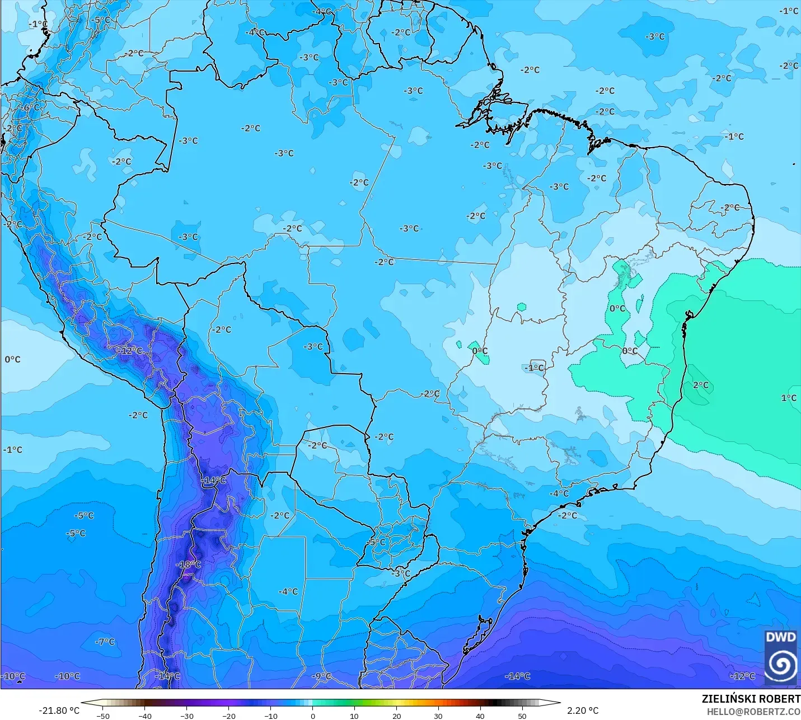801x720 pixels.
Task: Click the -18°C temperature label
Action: coord(189,564)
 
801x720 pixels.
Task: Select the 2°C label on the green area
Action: coord(700,385)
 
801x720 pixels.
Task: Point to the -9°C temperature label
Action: coord(321,676)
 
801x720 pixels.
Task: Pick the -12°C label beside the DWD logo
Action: coord(742,676)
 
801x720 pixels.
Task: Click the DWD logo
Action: coord(781,657)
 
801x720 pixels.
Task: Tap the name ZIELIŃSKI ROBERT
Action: coord(751,699)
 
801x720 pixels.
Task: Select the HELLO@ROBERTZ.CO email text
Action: coord(753,712)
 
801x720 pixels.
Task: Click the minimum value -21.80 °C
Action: coord(59,710)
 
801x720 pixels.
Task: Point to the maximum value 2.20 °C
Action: coord(583,710)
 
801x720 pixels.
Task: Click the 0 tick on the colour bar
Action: coord(312,716)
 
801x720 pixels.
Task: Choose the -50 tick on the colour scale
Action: coord(103,716)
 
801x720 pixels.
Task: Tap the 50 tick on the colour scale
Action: coord(522,716)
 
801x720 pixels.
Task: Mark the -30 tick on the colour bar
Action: coord(187,716)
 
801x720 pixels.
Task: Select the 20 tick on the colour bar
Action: coord(396,716)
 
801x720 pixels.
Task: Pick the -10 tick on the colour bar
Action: coord(270,716)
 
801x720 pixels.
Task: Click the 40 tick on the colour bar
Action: coord(480,716)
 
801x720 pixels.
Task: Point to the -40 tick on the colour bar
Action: coord(145,716)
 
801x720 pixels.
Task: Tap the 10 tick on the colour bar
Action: coord(354,716)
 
